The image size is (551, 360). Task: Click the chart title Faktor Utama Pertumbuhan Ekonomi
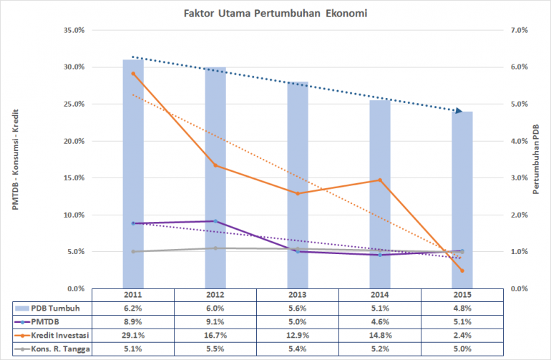[275, 12]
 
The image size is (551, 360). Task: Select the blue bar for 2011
[133, 179]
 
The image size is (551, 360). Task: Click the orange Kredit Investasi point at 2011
[133, 74]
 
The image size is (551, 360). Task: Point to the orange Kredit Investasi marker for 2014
[380, 180]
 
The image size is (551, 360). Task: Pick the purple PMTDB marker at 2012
[215, 221]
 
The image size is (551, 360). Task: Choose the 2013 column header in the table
[298, 295]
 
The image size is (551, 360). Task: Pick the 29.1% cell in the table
[133, 335]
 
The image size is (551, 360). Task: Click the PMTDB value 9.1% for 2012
[215, 321]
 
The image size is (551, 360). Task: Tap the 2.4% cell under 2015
[462, 335]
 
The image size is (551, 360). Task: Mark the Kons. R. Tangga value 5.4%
[298, 349]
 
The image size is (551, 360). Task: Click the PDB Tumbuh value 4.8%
[462, 308]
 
